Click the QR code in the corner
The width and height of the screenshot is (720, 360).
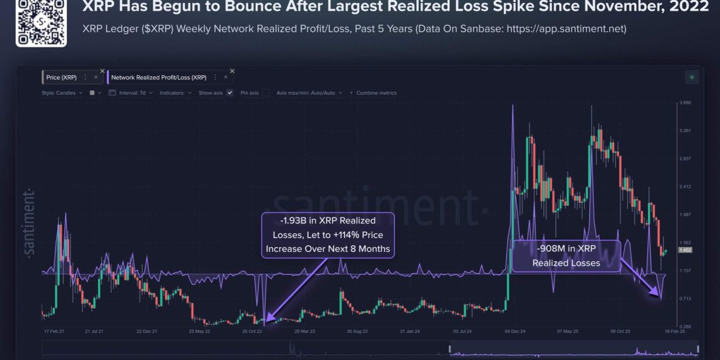(41, 23)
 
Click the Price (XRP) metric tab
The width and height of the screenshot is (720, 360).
(61, 77)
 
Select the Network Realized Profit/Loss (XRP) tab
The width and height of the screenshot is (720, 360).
(159, 77)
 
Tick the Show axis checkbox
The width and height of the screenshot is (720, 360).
(230, 93)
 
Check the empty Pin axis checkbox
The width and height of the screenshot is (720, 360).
(266, 93)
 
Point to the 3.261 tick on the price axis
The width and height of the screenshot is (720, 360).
(684, 131)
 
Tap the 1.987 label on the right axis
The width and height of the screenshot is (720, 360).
(684, 215)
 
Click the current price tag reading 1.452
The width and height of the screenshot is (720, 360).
(685, 251)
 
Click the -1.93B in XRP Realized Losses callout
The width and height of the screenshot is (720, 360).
(328, 234)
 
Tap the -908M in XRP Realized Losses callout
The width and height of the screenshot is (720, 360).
(566, 256)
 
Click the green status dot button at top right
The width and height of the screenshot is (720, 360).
(692, 77)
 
